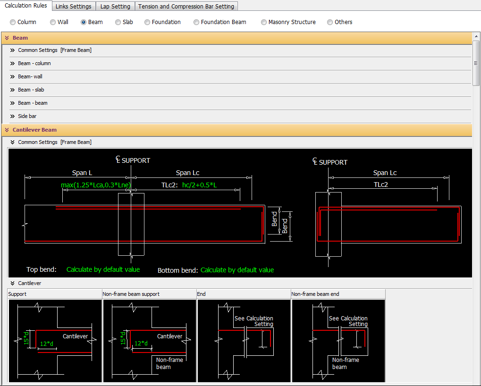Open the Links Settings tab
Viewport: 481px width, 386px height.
(73, 7)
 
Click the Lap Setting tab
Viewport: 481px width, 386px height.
(115, 7)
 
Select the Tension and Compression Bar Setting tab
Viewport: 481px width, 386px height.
(186, 7)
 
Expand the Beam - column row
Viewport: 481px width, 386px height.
(34, 63)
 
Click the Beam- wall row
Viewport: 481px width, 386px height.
(30, 76)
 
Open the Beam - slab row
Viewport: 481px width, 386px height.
(31, 90)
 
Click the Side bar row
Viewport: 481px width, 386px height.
(27, 116)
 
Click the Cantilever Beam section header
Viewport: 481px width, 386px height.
(34, 130)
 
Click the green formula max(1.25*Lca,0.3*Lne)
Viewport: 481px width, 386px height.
(96, 185)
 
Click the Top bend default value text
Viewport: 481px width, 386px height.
(103, 269)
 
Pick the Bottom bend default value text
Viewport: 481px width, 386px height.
(237, 270)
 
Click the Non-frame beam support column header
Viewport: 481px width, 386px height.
(131, 294)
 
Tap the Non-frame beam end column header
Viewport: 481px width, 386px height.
(315, 294)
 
